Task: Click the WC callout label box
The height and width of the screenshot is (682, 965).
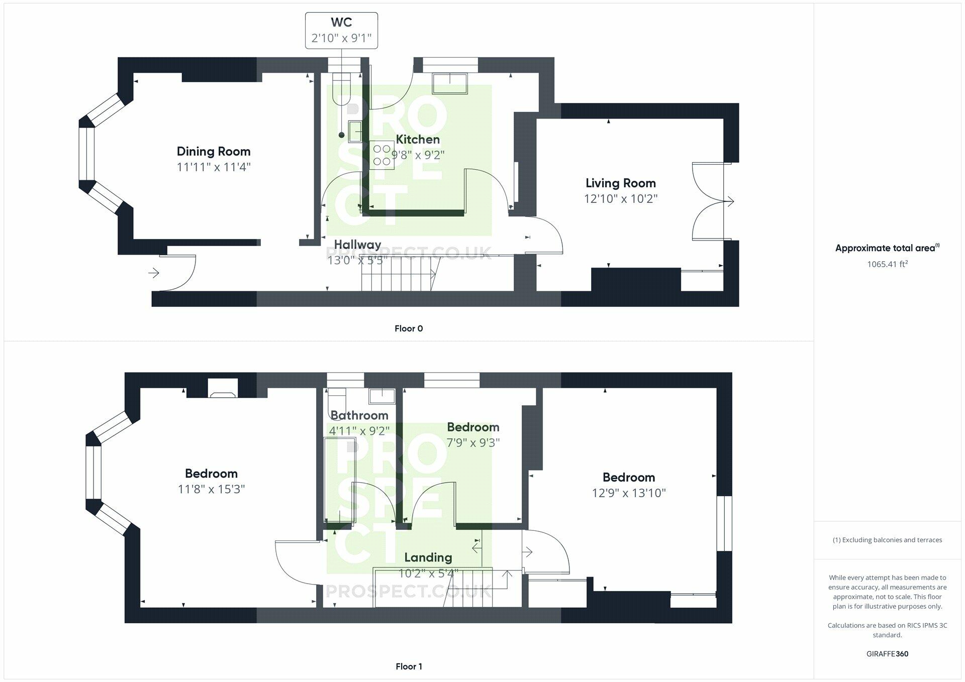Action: click(341, 31)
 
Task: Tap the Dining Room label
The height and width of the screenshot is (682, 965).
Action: click(214, 151)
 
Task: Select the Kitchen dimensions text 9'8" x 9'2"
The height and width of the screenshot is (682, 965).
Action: click(418, 155)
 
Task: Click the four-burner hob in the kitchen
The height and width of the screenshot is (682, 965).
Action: click(382, 155)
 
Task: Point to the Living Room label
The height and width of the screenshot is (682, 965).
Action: click(620, 183)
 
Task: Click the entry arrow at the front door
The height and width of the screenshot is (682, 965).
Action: click(154, 273)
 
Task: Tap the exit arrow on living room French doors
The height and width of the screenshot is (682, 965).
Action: click(729, 201)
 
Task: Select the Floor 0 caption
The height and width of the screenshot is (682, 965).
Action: click(408, 328)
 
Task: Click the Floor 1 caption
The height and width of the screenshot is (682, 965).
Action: click(408, 666)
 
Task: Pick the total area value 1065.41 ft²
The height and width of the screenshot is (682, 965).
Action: click(887, 264)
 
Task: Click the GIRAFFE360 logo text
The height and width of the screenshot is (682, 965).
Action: click(887, 654)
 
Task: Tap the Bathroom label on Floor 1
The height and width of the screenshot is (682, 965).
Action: click(359, 415)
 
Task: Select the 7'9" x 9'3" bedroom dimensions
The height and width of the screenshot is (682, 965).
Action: click(473, 443)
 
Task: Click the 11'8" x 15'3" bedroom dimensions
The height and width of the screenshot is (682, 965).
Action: click(211, 489)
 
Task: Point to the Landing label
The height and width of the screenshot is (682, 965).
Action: click(428, 557)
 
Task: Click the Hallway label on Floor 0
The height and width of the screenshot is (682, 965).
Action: click(357, 245)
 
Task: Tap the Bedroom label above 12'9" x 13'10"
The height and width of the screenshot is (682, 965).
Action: click(628, 477)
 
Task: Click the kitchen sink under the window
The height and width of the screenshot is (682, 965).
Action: click(450, 83)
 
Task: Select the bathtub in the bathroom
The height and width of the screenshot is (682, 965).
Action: click(340, 480)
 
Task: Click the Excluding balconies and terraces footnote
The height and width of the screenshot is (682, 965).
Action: click(887, 540)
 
